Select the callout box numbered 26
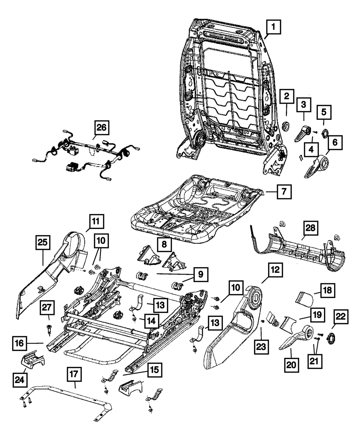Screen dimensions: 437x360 (101, 128)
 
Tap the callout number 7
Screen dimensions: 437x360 (284, 192)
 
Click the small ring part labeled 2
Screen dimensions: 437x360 (287, 126)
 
